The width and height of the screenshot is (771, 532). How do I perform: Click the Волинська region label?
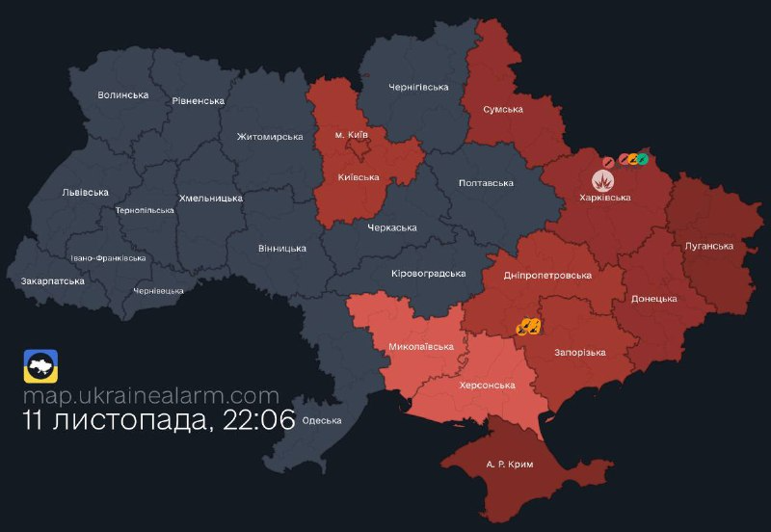[x=123, y=95]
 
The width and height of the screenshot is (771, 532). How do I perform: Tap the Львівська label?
[x=81, y=192]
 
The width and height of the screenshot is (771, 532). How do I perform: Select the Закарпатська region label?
[x=52, y=281]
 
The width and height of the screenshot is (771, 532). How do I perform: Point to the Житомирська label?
[x=270, y=137]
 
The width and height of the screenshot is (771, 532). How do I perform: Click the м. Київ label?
[x=351, y=134]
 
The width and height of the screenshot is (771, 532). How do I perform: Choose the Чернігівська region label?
[x=418, y=88]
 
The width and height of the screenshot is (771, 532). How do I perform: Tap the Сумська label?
[x=503, y=109]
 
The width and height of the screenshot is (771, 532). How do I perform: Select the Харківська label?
[x=605, y=198]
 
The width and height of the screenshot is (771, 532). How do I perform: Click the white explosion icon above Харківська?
[x=603, y=179]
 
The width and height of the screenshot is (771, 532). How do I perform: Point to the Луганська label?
[x=708, y=246]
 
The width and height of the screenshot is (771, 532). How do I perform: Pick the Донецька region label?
[x=653, y=299]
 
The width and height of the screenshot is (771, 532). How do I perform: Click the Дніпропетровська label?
[x=547, y=275]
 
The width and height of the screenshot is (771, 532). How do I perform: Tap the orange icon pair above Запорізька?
[x=527, y=328]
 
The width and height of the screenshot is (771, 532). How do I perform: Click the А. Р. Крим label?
[x=509, y=465]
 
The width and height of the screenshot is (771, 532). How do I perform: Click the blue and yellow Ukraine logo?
[x=40, y=366]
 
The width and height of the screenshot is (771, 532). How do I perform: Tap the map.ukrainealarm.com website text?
[x=151, y=395]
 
